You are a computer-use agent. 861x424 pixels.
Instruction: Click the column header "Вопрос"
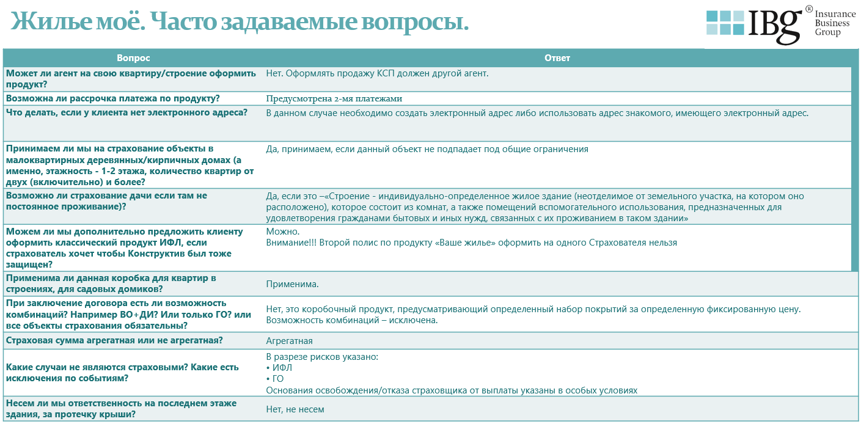[x=133, y=57]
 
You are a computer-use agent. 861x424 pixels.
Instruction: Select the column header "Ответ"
[x=557, y=57]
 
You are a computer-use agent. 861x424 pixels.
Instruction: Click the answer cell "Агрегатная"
[x=289, y=341]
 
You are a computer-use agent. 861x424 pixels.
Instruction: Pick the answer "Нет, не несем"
[x=295, y=409]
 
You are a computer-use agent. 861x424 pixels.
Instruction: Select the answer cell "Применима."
[x=292, y=284]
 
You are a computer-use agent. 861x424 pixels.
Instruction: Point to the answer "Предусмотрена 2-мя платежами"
[x=334, y=98]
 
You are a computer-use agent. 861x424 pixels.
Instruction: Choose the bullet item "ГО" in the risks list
[x=277, y=379]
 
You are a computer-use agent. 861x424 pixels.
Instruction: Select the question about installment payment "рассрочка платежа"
[x=112, y=98]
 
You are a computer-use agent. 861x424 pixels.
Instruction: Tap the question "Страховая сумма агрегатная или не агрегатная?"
[x=114, y=340]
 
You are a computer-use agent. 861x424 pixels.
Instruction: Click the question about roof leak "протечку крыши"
[x=121, y=409]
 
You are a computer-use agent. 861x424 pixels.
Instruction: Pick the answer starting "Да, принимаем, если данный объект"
[x=427, y=149]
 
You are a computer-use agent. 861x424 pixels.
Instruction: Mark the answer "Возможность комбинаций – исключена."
[x=352, y=320]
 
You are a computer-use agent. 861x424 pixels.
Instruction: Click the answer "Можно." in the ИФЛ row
[x=283, y=232]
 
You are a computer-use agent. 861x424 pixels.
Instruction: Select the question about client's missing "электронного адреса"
[x=126, y=112]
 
